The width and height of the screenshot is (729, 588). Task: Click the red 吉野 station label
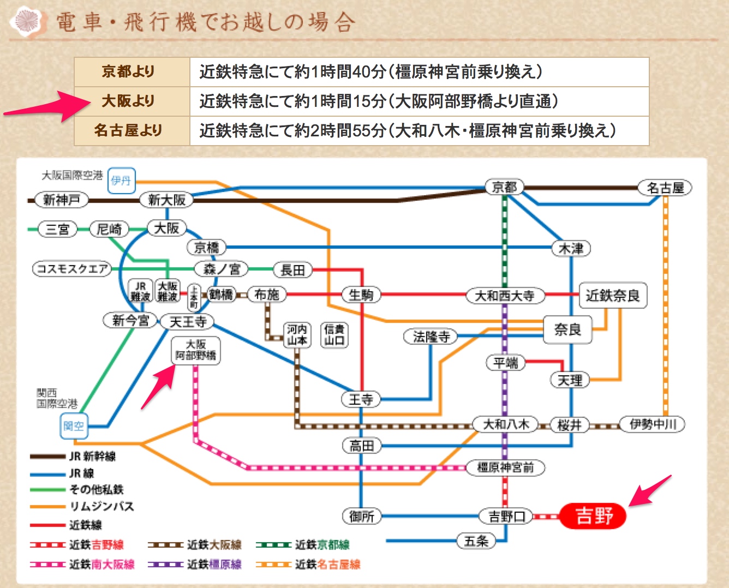pyautogui.click(x=593, y=515)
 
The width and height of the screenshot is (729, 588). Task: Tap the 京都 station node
pyautogui.click(x=504, y=188)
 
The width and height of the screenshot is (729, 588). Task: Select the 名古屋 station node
pyautogui.click(x=665, y=188)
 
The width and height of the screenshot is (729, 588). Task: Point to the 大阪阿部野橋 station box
pyautogui.click(x=196, y=350)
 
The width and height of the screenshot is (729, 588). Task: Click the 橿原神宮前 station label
pyautogui.click(x=505, y=467)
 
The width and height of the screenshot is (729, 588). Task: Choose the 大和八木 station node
pyautogui.click(x=505, y=424)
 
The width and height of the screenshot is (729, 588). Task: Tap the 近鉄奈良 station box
pyautogui.click(x=612, y=296)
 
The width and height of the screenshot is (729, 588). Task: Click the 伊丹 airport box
pyautogui.click(x=121, y=181)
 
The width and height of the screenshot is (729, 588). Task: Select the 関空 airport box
pyautogui.click(x=74, y=426)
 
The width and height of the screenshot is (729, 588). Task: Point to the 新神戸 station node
pyautogui.click(x=61, y=200)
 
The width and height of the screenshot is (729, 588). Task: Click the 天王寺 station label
pyautogui.click(x=188, y=322)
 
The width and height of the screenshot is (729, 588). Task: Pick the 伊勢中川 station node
pyautogui.click(x=653, y=424)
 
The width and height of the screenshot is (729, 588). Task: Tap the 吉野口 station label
pyautogui.click(x=506, y=516)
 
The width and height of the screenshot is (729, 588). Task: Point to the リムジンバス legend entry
pyautogui.click(x=82, y=507)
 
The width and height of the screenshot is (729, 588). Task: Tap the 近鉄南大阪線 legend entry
pyautogui.click(x=82, y=565)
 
